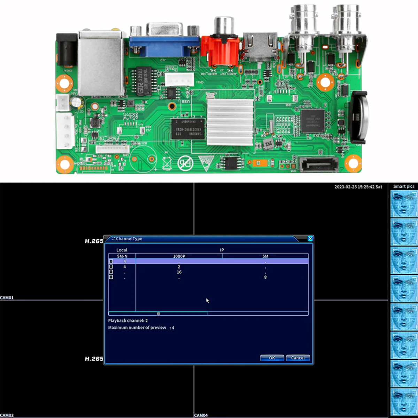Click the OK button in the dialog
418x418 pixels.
pos(272,358)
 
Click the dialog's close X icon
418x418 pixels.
pos(310,239)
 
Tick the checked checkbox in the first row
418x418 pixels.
pos(111,261)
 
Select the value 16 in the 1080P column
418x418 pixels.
pos(179,272)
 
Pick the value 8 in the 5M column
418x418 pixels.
pos(265,277)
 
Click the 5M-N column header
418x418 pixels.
pos(122,256)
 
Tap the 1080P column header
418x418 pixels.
pos(179,256)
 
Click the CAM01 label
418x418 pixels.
pos(7,298)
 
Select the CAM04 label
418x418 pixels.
pos(201,415)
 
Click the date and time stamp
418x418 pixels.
pos(358,187)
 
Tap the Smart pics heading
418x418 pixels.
pos(404,186)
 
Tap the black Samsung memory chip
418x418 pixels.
pos(188,129)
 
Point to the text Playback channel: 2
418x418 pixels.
pos(128,320)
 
